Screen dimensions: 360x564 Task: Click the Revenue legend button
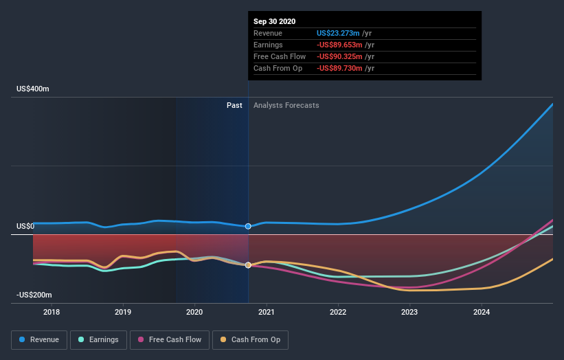[40, 339]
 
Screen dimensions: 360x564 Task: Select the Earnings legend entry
[99, 339]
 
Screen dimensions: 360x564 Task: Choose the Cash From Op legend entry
[251, 339]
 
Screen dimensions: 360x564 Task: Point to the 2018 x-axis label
[52, 313]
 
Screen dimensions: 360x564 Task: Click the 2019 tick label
[123, 313]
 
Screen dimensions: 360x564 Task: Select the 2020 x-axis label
[195, 313]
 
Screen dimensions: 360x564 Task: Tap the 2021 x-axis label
[267, 313]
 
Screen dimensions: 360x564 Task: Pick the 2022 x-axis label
[338, 313]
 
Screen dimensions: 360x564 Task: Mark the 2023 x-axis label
[410, 313]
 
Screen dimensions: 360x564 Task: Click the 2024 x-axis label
[482, 313]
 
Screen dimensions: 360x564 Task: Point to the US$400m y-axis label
[33, 89]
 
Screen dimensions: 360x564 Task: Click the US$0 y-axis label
[25, 227]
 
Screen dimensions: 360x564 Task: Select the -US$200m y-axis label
[32, 295]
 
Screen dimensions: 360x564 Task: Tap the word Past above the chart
[234, 105]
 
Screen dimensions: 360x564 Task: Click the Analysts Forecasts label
[286, 105]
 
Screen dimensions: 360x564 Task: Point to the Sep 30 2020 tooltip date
[274, 21]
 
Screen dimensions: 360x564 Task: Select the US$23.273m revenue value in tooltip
[338, 33]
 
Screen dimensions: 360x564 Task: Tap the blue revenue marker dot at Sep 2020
[248, 226]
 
